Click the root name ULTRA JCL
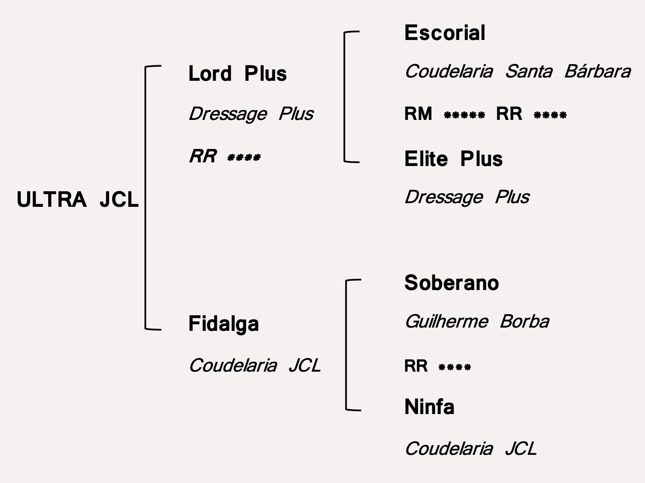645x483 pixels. click(x=78, y=200)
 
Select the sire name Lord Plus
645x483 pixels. click(x=237, y=74)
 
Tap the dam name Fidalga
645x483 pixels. click(x=223, y=324)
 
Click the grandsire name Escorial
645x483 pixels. click(x=445, y=33)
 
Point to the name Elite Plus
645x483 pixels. click(x=453, y=159)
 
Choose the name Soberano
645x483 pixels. click(x=451, y=283)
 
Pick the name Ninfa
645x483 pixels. click(x=429, y=407)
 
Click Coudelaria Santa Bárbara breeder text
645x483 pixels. click(x=517, y=71)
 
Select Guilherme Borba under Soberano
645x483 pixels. click(x=476, y=321)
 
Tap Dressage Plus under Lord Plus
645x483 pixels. click(x=251, y=114)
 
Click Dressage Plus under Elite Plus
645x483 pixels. click(x=467, y=197)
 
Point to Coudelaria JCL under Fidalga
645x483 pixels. click(x=254, y=365)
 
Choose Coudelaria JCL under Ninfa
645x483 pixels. click(x=470, y=449)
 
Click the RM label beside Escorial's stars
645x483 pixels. click(x=418, y=114)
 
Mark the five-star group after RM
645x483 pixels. click(x=464, y=115)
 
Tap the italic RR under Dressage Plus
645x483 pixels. click(x=202, y=156)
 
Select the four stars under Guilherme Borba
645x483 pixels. click(x=454, y=368)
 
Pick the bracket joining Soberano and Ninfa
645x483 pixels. click(x=347, y=345)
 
